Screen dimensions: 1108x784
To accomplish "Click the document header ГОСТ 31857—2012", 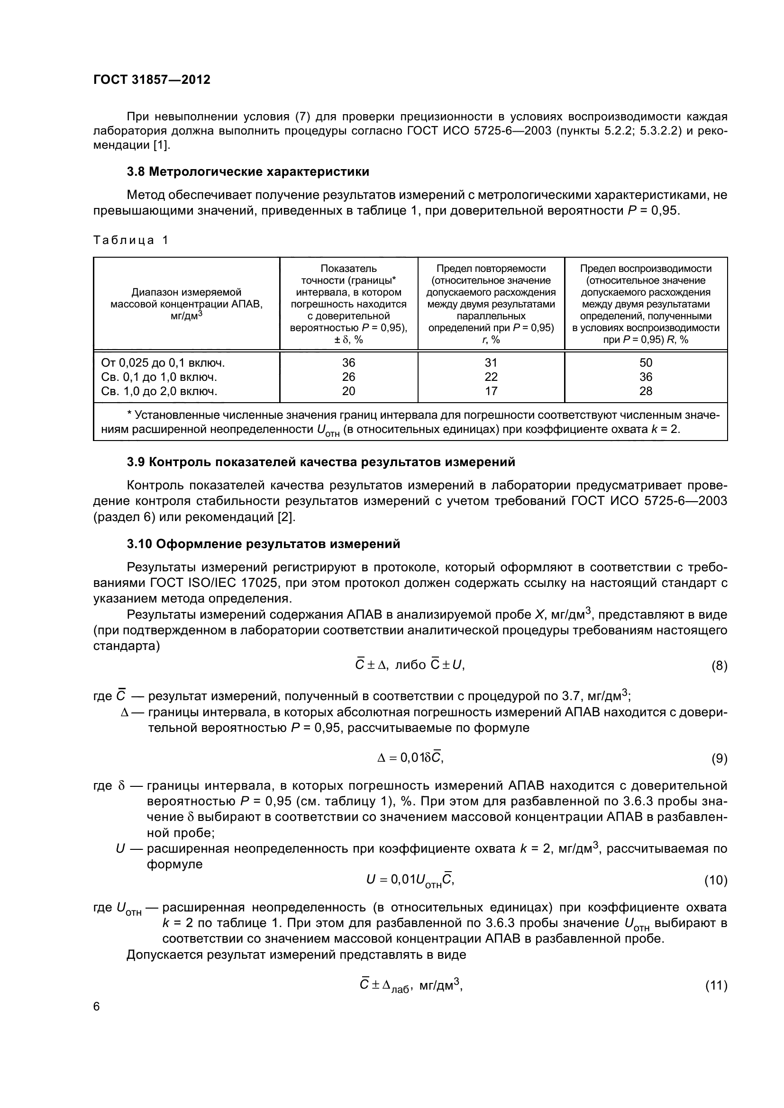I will (152, 80).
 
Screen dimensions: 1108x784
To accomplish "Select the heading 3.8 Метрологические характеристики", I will (247, 172).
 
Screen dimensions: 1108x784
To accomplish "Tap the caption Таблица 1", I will (130, 240).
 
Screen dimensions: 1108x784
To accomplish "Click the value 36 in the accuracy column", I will (348, 363).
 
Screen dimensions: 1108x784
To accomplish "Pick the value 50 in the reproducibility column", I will (646, 363).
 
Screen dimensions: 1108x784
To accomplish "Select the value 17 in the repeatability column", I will (491, 391).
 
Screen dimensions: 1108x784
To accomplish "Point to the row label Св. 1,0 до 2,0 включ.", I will (159, 391).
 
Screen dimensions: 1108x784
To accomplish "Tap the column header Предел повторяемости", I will (491, 269).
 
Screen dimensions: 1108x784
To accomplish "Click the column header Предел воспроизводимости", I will (646, 269).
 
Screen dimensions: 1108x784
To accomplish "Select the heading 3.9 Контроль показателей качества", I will (320, 462).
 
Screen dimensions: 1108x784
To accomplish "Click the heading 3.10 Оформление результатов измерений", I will (263, 544).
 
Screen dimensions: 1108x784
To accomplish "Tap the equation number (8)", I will (719, 667).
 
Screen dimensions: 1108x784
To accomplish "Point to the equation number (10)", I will (715, 881).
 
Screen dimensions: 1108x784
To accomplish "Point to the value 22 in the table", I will (491, 377).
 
